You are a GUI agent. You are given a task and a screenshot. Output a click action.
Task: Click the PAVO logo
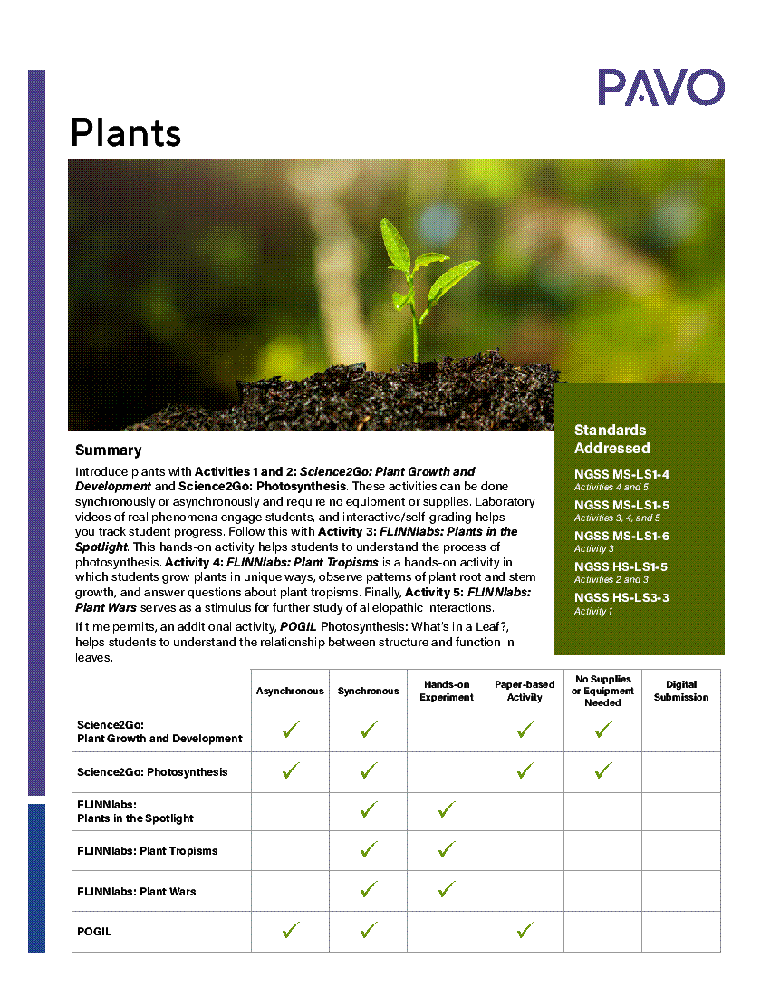click(x=660, y=87)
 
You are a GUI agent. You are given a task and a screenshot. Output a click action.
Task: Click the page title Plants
click(x=125, y=132)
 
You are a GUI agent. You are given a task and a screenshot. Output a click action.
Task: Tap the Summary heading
click(x=108, y=450)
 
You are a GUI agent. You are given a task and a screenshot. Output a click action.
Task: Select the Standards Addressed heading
click(x=611, y=439)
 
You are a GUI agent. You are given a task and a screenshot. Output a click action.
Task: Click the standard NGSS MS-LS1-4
click(x=621, y=474)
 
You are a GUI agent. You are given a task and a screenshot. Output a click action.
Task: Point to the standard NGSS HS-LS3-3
click(x=621, y=597)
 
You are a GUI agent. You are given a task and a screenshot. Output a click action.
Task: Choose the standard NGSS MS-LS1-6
click(x=621, y=536)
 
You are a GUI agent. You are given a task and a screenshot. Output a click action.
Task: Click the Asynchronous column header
click(x=290, y=691)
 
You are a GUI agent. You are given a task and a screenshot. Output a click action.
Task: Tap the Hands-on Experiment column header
click(x=447, y=691)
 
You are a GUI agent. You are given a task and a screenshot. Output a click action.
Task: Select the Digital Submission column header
click(x=681, y=691)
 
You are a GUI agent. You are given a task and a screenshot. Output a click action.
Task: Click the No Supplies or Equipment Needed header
click(x=602, y=691)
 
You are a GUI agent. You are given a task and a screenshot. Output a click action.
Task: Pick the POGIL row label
click(x=94, y=932)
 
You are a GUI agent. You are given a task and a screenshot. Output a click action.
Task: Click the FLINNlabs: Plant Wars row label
click(x=137, y=892)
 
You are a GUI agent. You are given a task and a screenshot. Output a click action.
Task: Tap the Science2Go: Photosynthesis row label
click(x=152, y=772)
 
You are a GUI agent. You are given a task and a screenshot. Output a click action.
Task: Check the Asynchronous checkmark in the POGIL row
click(x=290, y=930)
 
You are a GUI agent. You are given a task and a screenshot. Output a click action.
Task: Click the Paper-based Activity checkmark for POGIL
click(x=525, y=930)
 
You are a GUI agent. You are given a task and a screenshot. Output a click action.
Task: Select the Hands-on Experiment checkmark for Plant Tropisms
click(x=447, y=850)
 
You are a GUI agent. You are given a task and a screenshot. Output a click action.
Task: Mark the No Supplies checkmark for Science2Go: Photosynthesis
click(x=603, y=771)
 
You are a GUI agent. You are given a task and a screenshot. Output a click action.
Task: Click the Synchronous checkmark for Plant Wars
click(x=368, y=890)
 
